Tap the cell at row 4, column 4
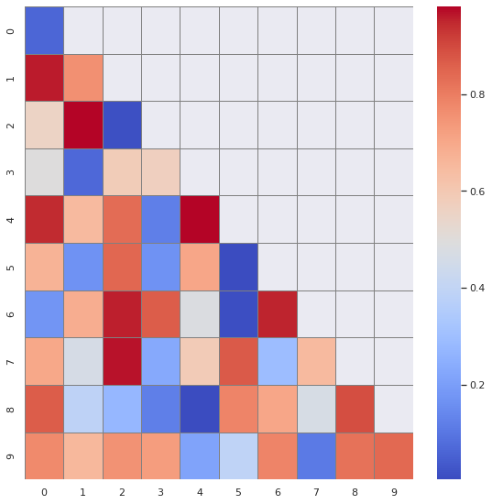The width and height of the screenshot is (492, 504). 199,219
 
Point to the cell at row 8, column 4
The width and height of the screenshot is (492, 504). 199,408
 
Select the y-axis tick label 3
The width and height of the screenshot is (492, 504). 10,171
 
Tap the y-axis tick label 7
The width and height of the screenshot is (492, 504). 10,360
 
